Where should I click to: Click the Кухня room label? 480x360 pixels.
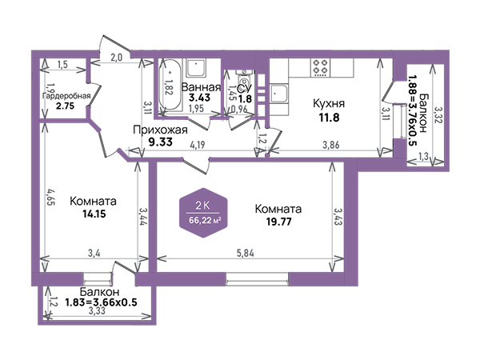click(x=329, y=103)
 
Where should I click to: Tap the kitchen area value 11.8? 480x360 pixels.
click(x=330, y=118)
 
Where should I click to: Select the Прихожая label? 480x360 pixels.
click(x=160, y=130)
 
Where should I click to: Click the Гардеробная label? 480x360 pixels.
click(x=66, y=96)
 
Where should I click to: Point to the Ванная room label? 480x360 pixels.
click(x=201, y=87)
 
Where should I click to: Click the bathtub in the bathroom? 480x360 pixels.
click(x=170, y=85)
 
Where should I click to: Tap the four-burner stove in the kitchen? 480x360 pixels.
click(x=321, y=68)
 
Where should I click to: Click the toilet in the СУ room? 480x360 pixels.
click(x=244, y=79)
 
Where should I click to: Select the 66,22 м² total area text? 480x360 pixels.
click(x=205, y=220)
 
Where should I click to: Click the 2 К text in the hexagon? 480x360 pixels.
click(x=203, y=206)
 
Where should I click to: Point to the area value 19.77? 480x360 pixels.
click(x=278, y=222)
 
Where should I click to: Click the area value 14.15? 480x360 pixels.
click(x=94, y=214)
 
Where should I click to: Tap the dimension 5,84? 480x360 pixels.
click(x=246, y=253)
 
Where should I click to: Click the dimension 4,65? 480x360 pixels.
click(x=50, y=198)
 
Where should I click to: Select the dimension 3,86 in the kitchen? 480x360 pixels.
click(x=331, y=145)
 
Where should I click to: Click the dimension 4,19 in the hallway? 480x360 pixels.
click(x=198, y=144)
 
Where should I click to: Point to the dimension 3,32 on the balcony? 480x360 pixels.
click(x=438, y=114)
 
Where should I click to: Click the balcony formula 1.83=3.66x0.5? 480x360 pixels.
click(x=101, y=302)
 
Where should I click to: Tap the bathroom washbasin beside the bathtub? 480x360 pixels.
click(x=196, y=68)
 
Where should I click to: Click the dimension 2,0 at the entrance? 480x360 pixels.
click(x=116, y=58)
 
